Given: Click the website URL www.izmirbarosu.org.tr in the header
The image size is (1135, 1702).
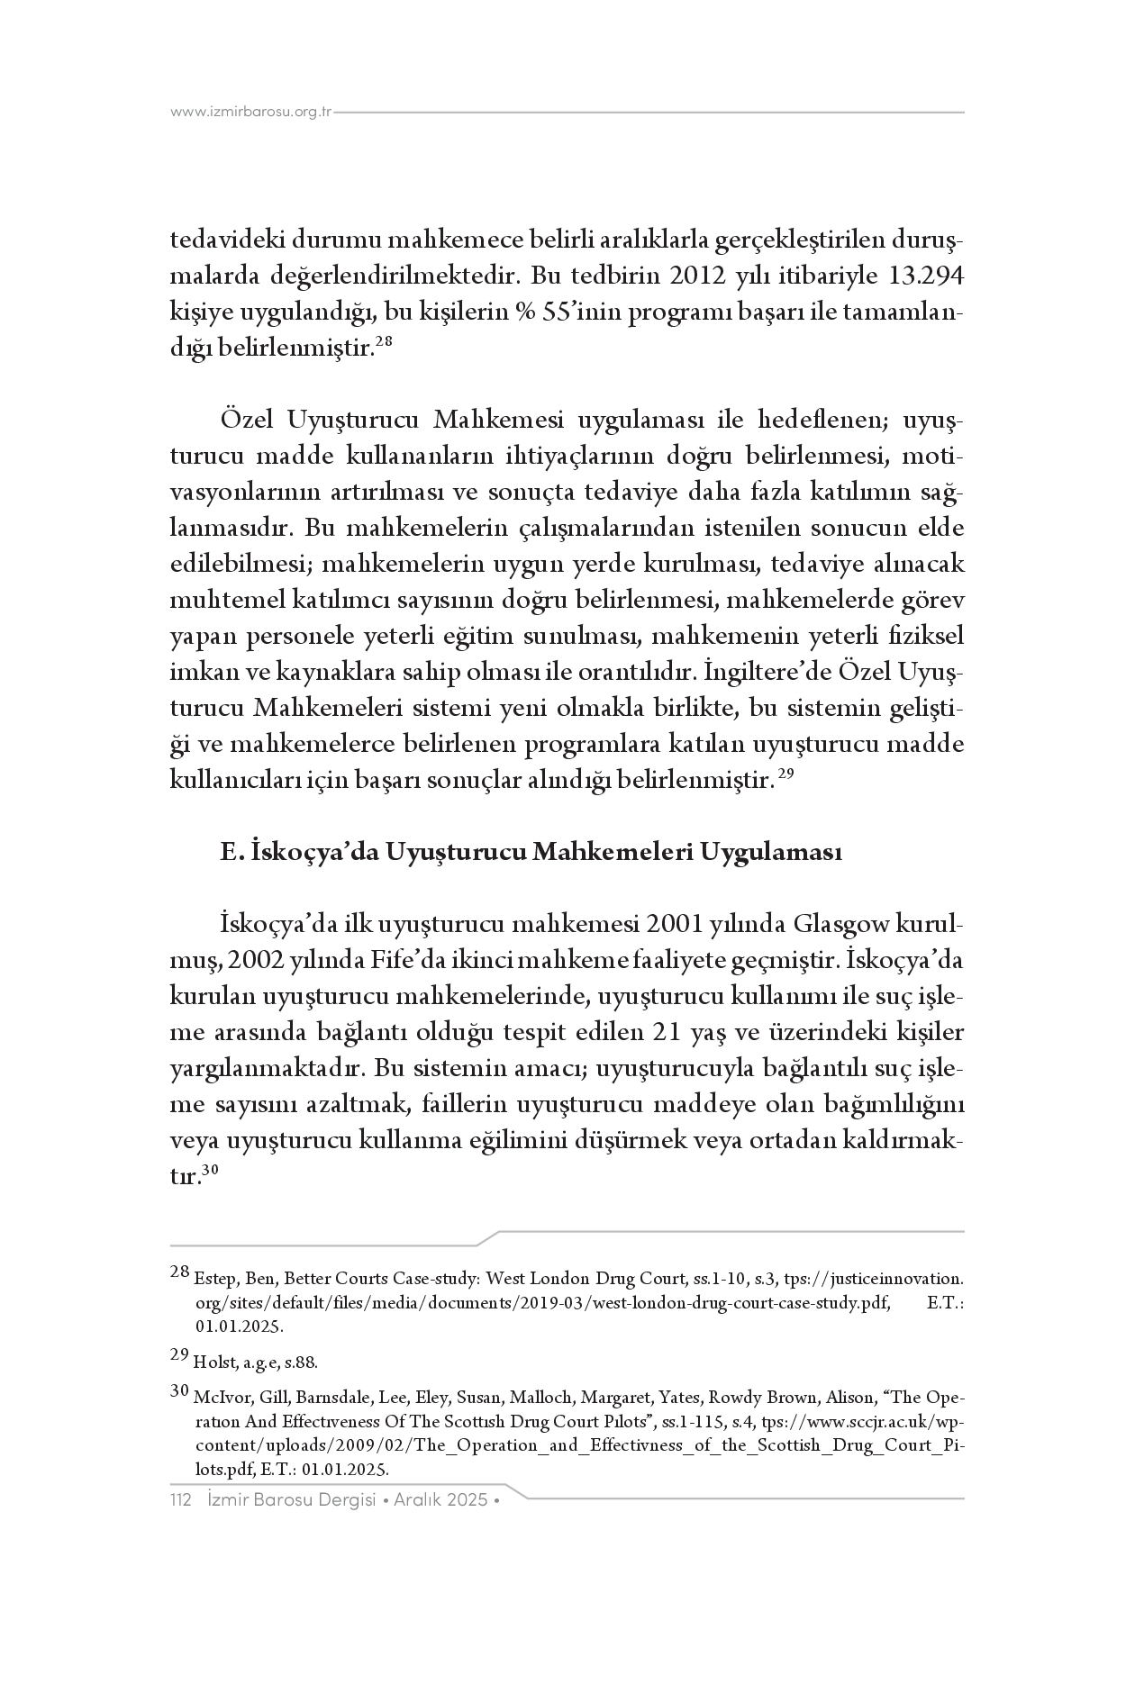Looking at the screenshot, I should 251,113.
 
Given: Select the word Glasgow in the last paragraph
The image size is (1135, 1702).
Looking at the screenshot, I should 840,925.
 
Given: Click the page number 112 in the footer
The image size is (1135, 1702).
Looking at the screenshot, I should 182,1500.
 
